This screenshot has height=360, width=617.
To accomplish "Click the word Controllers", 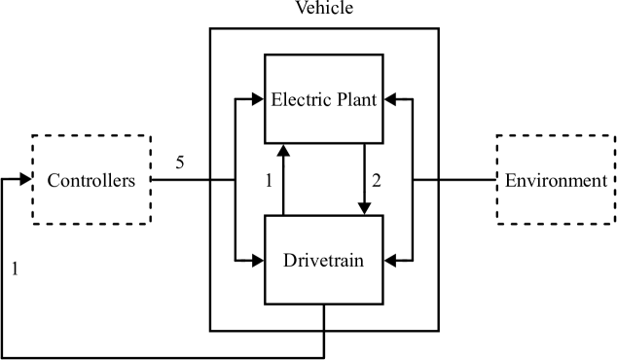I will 91,181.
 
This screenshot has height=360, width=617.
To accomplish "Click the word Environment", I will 556,181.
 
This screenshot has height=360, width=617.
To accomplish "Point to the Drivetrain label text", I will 323,261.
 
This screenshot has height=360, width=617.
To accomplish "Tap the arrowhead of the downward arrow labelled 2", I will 364,209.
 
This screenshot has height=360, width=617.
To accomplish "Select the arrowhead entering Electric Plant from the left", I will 259,97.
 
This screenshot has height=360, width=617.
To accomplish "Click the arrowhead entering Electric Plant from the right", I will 389,97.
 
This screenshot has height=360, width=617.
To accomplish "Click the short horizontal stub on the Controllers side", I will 224,180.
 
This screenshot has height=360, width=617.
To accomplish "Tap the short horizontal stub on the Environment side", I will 425,180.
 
